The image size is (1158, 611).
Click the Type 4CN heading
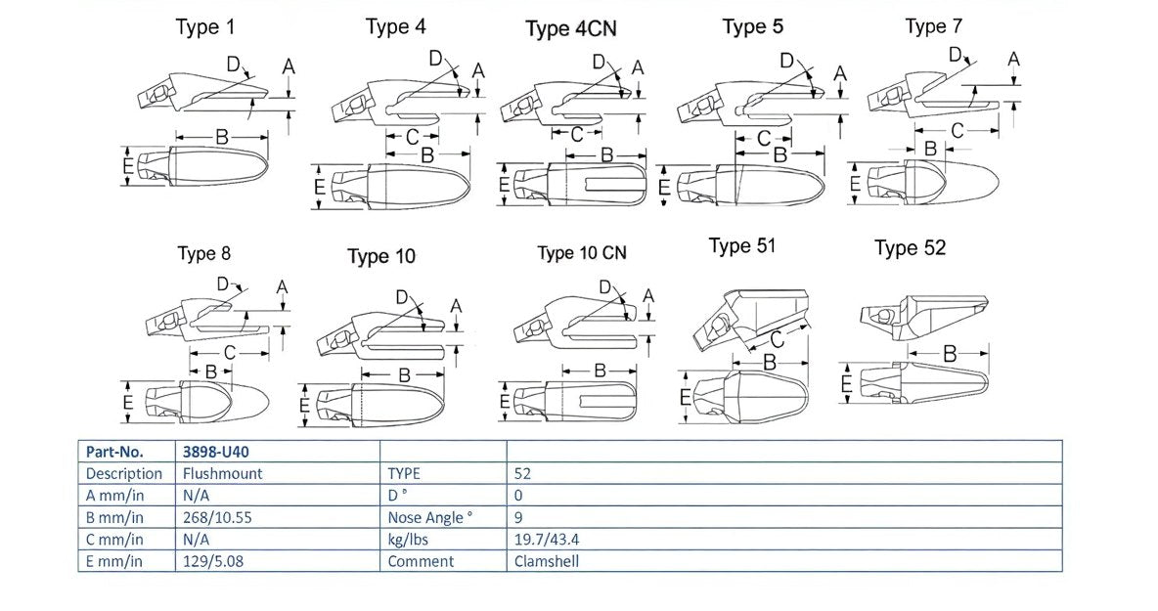click(x=570, y=29)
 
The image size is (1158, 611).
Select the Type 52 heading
click(x=910, y=248)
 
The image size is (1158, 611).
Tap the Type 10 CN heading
click(x=582, y=253)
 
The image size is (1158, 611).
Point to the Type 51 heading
click(x=741, y=246)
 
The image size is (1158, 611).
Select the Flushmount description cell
click(x=222, y=473)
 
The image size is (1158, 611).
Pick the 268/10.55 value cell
click(x=217, y=517)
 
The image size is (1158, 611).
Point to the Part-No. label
click(x=114, y=452)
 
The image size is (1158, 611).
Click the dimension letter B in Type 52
click(x=950, y=353)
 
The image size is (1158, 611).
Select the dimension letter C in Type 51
click(x=777, y=339)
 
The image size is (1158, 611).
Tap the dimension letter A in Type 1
click(x=289, y=66)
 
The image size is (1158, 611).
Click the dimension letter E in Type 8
click(x=128, y=402)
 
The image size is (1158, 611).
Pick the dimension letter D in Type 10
click(x=402, y=297)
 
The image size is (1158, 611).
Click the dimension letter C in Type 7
click(x=958, y=130)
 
